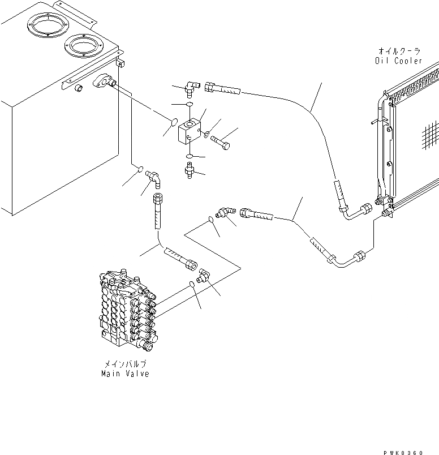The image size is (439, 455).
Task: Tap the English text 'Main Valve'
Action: point(125,374)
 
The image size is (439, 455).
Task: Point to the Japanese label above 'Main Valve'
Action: point(125,365)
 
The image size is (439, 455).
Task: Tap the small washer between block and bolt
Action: point(208,134)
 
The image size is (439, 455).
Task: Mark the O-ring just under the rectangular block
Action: point(192,156)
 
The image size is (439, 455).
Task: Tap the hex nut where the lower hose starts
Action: point(247,213)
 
